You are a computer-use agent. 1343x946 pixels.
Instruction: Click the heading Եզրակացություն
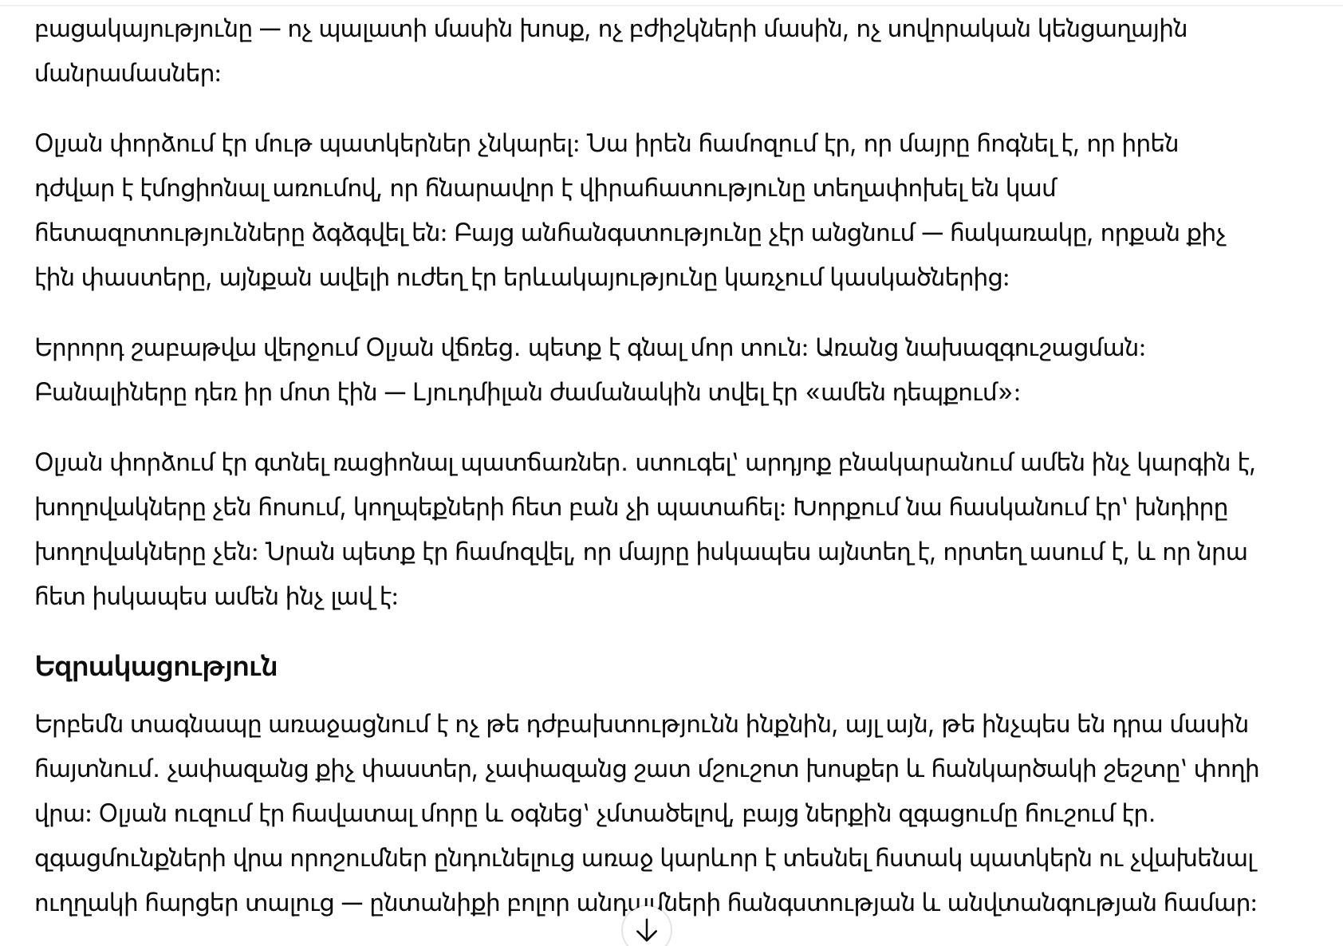click(x=156, y=667)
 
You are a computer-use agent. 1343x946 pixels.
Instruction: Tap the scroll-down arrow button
click(x=646, y=930)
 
